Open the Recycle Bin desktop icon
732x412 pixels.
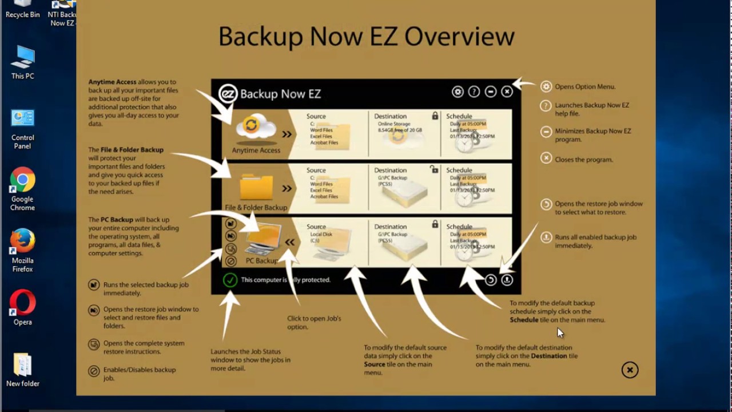tap(22, 7)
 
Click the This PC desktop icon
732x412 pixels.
tap(22, 60)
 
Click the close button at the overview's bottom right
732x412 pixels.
tap(630, 370)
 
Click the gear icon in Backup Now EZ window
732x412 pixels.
tap(457, 92)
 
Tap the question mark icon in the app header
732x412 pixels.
tap(474, 92)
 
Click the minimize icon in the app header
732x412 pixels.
tap(491, 92)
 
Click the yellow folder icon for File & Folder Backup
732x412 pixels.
tap(256, 187)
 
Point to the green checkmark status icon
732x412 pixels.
tap(230, 280)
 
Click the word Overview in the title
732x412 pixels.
tap(459, 37)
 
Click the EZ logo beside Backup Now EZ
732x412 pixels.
tap(228, 93)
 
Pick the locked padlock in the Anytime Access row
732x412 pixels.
tap(435, 116)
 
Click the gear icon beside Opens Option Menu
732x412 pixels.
tap(546, 87)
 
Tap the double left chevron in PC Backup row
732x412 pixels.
tap(290, 242)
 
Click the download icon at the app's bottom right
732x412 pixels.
tap(507, 280)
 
